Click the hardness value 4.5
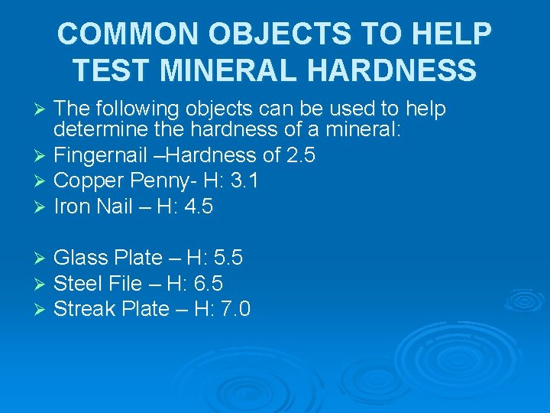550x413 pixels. [198, 206]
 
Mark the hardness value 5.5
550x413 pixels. [227, 258]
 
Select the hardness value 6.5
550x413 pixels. [207, 284]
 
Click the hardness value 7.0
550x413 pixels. [235, 309]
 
